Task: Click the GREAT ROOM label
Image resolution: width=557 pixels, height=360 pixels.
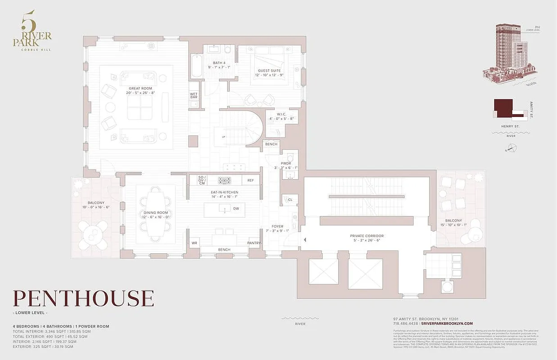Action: pyautogui.click(x=140, y=89)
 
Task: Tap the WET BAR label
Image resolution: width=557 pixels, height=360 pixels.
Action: pyautogui.click(x=194, y=95)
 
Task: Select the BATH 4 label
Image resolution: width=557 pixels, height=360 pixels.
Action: pyautogui.click(x=219, y=63)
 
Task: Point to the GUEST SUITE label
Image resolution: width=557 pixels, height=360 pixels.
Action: pyautogui.click(x=269, y=71)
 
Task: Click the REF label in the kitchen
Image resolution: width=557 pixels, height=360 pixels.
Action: pyautogui.click(x=250, y=180)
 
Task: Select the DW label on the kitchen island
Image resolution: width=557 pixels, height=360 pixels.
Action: pyautogui.click(x=236, y=208)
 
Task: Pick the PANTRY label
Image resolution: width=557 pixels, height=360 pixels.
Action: pyautogui.click(x=254, y=243)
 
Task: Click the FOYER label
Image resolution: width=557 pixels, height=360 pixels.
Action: pyautogui.click(x=277, y=226)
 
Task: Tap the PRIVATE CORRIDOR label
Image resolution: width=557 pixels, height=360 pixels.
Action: pyautogui.click(x=367, y=236)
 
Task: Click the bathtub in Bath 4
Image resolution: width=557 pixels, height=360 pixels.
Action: pyautogui.click(x=197, y=66)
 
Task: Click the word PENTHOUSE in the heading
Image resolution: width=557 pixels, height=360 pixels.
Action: pyautogui.click(x=83, y=299)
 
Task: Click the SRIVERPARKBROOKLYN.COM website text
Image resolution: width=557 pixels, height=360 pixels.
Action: pyautogui.click(x=446, y=324)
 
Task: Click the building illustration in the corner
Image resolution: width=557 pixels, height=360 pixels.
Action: pyautogui.click(x=507, y=54)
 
